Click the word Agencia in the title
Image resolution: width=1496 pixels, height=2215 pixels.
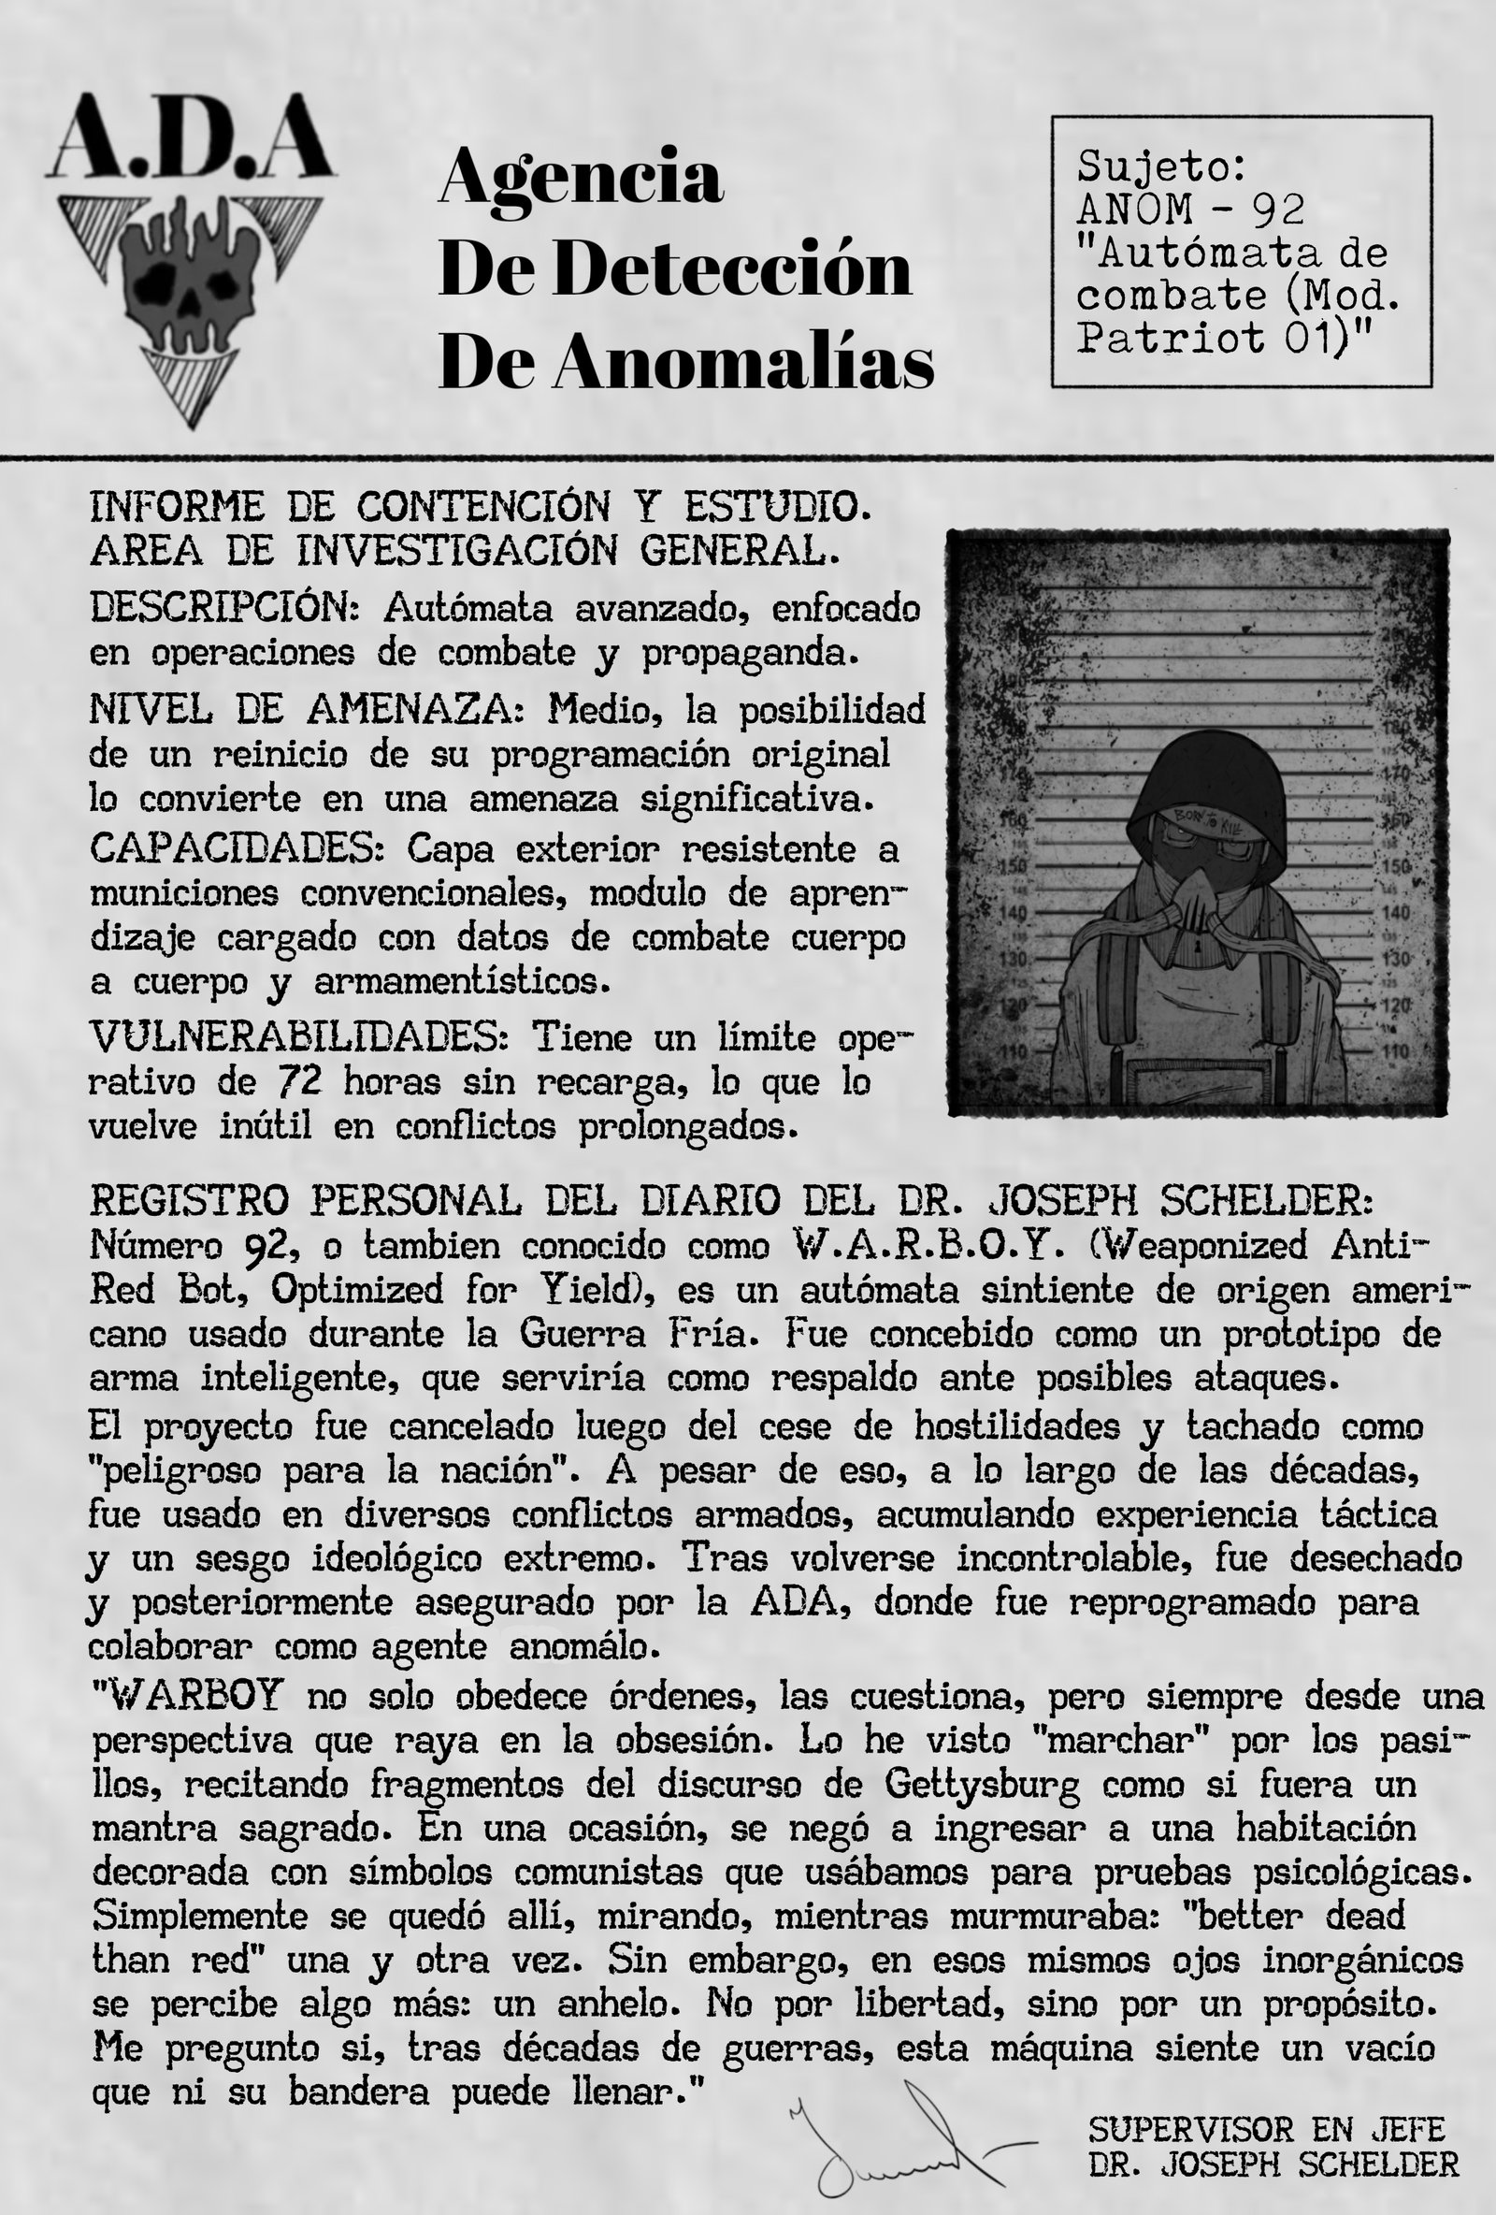pos(581,178)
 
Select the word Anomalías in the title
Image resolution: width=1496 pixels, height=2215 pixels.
pos(743,363)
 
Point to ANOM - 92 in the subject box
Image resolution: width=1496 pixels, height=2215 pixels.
pos(1190,209)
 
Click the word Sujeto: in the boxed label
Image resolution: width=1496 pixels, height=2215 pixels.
pos(1161,166)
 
